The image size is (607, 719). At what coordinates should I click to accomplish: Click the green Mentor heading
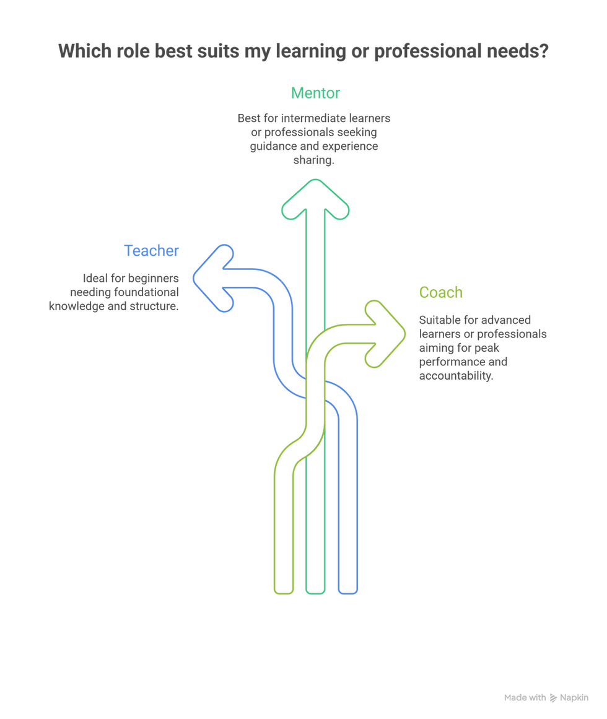click(x=315, y=94)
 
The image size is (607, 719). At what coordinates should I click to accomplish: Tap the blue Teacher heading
click(x=152, y=251)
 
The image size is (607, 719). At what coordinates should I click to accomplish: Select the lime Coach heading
click(x=440, y=292)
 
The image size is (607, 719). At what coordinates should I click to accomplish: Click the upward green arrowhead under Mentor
click(x=315, y=197)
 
